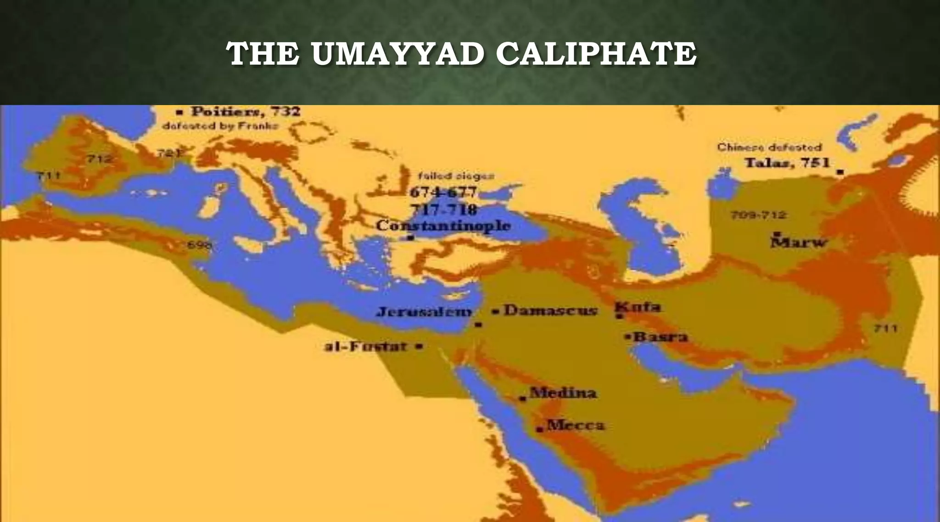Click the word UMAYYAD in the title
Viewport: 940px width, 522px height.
tap(397, 54)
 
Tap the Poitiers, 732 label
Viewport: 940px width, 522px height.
tap(246, 112)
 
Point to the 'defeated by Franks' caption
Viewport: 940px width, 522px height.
tap(220, 126)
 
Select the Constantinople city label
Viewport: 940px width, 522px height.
tap(443, 226)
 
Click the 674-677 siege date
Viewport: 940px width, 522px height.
tap(443, 192)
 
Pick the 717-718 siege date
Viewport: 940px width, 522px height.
tap(443, 210)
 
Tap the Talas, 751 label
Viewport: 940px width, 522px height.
tap(787, 163)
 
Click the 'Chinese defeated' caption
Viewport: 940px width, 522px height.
tap(769, 148)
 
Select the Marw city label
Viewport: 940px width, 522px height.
tap(799, 242)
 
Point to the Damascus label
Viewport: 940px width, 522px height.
tap(550, 311)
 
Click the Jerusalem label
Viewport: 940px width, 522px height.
tap(424, 312)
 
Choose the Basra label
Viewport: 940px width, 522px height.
tap(660, 337)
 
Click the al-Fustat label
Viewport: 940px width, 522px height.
tap(366, 346)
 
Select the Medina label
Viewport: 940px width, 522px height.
tap(563, 393)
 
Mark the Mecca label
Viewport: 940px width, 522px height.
tap(576, 425)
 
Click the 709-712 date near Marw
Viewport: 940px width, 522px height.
tap(758, 215)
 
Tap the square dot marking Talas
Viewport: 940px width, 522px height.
tap(840, 172)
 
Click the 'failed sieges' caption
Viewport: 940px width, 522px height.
tap(456, 176)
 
